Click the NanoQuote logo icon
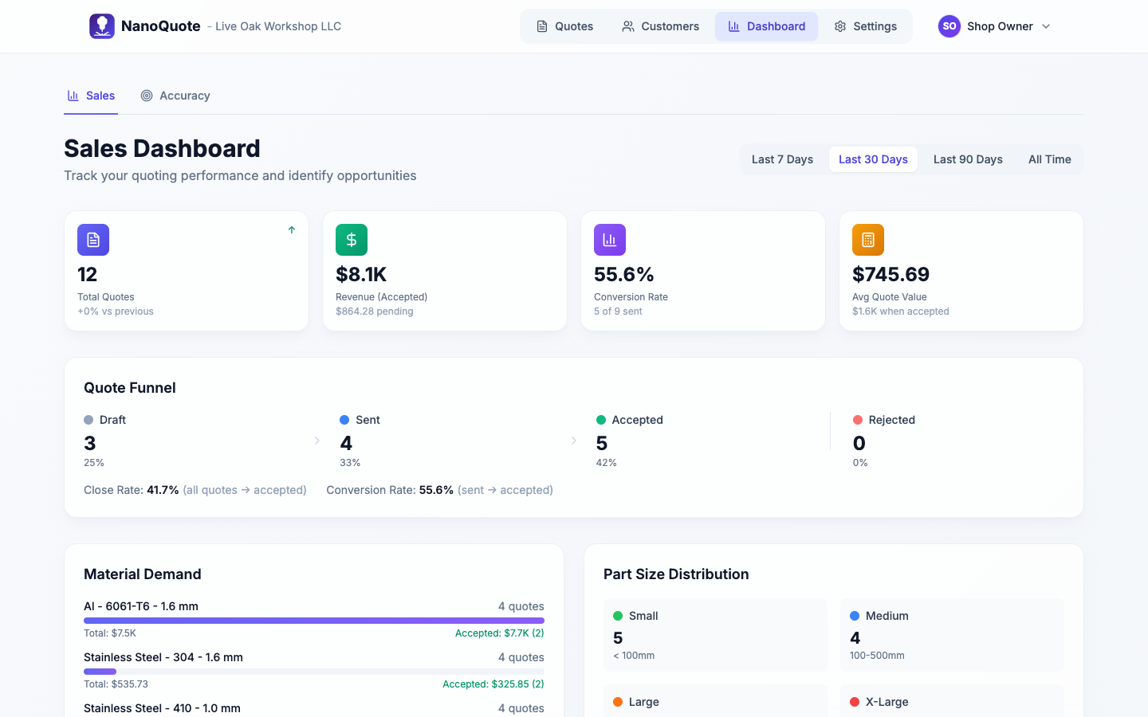pyautogui.click(x=101, y=26)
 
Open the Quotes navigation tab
pyautogui.click(x=564, y=26)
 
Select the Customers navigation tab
pyautogui.click(x=660, y=26)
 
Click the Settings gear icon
pyautogui.click(x=840, y=26)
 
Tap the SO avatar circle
pyautogui.click(x=949, y=26)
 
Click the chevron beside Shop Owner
pyautogui.click(x=1046, y=26)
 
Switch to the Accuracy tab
pyautogui.click(x=175, y=96)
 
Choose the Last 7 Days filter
pyautogui.click(x=782, y=159)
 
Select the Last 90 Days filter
pyautogui.click(x=968, y=159)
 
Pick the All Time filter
pyautogui.click(x=1049, y=159)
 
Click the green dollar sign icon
pyautogui.click(x=352, y=240)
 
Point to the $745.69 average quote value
pyautogui.click(x=890, y=274)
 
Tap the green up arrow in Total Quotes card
pyautogui.click(x=292, y=230)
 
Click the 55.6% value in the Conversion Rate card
pyautogui.click(x=623, y=274)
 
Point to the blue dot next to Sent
pyautogui.click(x=344, y=420)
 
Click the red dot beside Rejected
pyautogui.click(x=858, y=420)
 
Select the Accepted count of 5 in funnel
pyautogui.click(x=602, y=443)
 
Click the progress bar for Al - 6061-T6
pyautogui.click(x=314, y=621)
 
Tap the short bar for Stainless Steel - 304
pyautogui.click(x=100, y=672)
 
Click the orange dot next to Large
pyautogui.click(x=618, y=702)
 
